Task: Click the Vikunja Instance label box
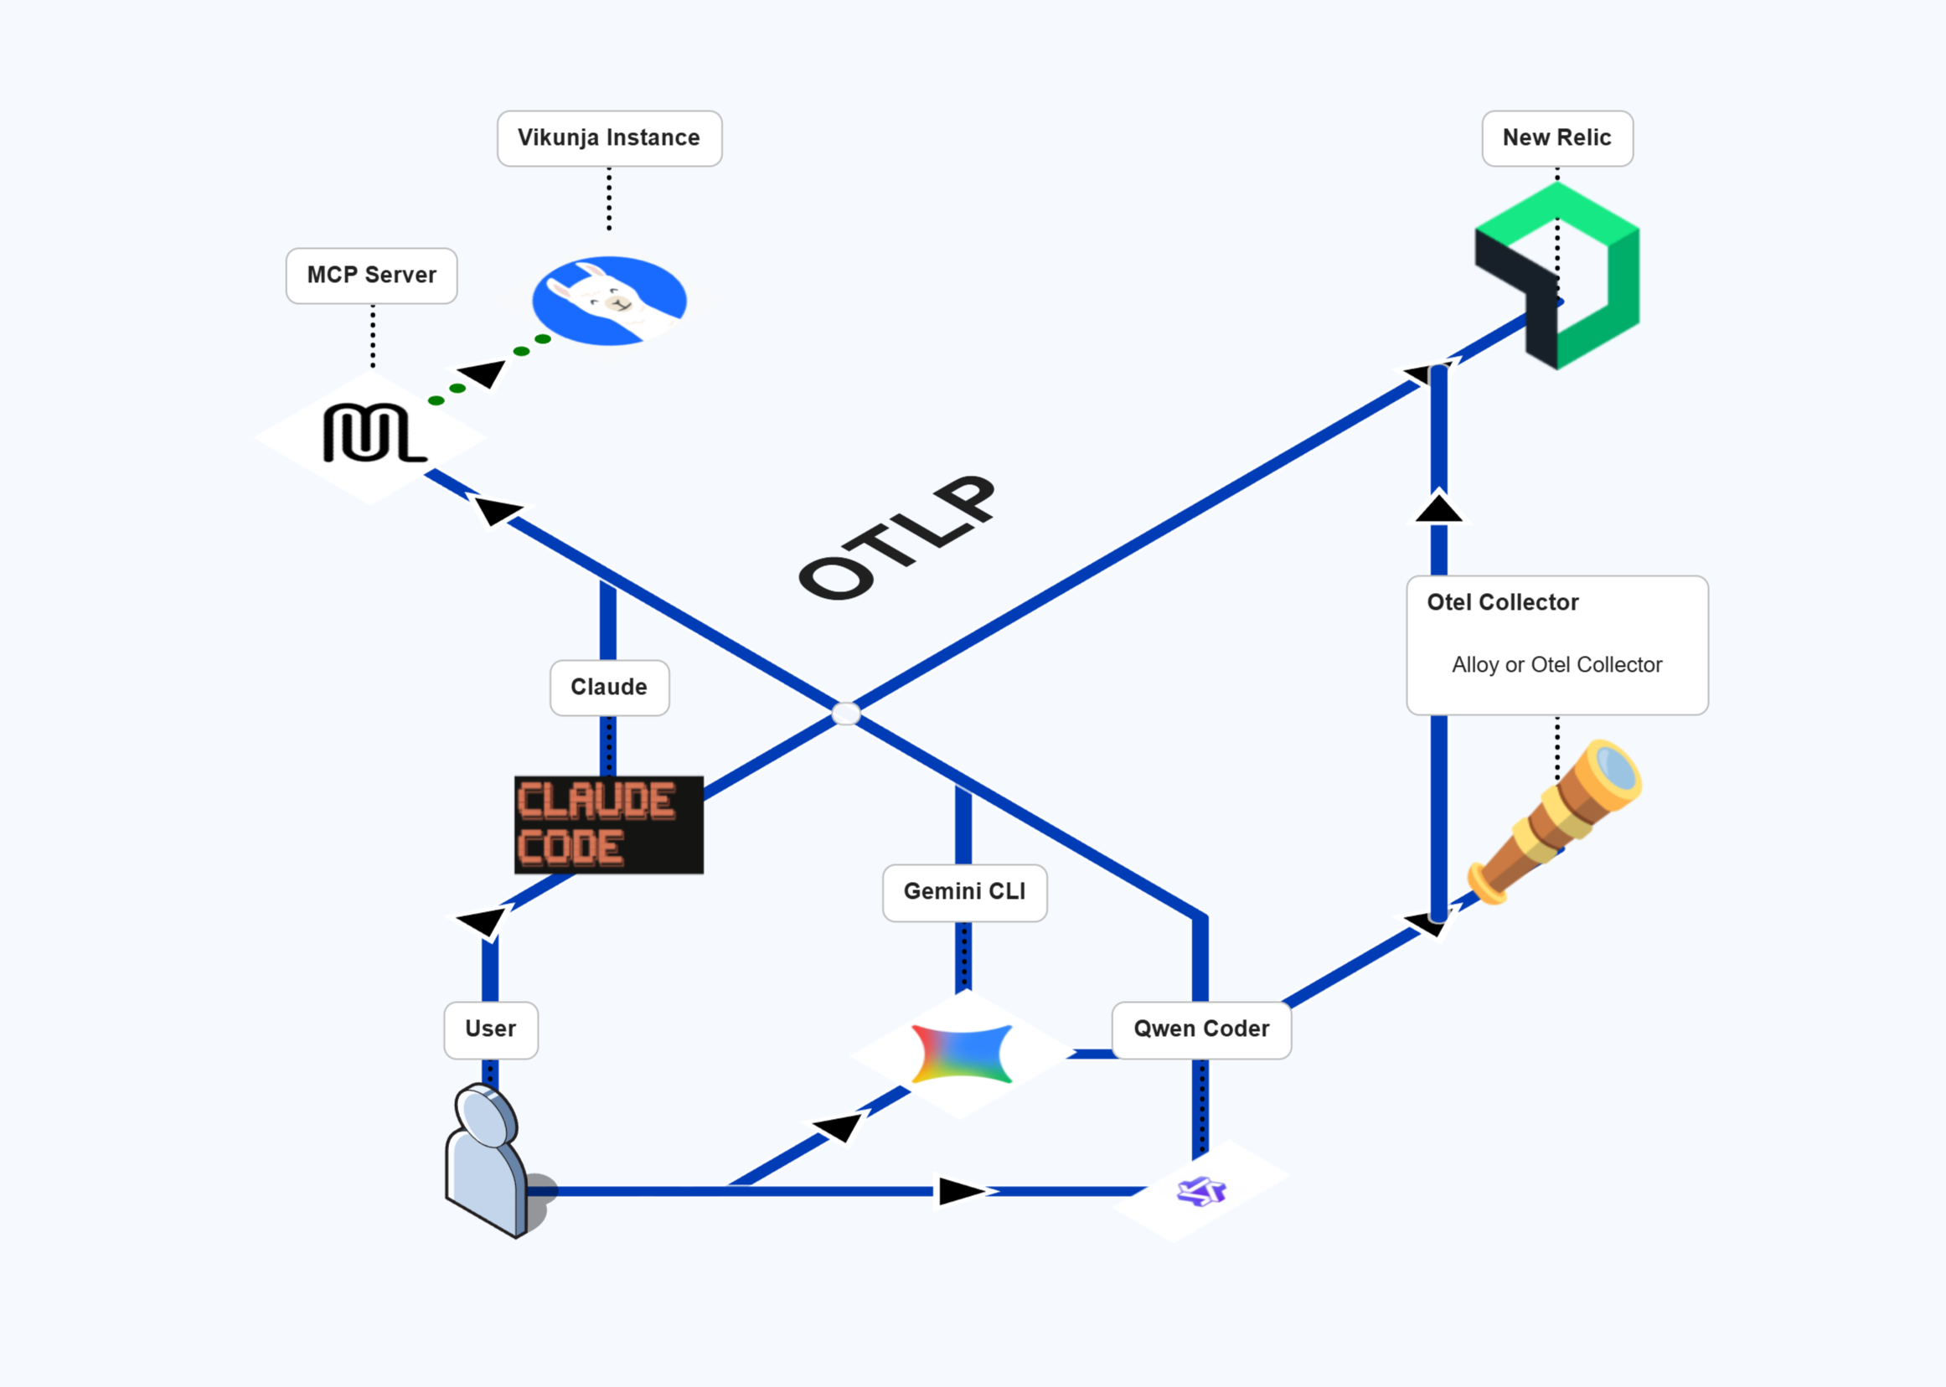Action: tap(609, 138)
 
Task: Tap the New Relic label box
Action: tap(1556, 138)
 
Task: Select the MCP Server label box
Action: tap(372, 276)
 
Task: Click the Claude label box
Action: tap(609, 688)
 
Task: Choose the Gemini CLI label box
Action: tap(964, 893)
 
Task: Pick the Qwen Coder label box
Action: tap(1201, 1030)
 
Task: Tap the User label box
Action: tap(490, 1030)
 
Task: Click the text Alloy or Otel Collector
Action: tap(1556, 665)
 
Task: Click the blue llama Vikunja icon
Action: tap(609, 301)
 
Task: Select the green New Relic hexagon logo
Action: tap(1556, 275)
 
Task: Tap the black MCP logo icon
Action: tap(374, 433)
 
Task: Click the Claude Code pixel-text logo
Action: tap(608, 825)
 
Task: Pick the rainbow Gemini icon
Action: tap(962, 1054)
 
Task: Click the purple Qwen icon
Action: tap(1201, 1190)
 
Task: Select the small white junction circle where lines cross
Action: tap(846, 713)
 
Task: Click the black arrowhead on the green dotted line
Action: tap(483, 374)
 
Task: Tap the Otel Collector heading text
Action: tap(1503, 603)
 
